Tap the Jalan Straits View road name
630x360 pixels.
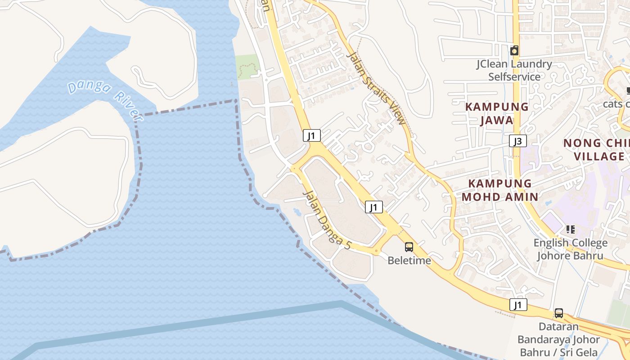coord(377,88)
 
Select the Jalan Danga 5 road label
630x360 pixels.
coord(327,220)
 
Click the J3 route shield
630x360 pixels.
coord(518,141)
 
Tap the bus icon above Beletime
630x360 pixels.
coord(409,247)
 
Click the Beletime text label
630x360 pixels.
coord(409,261)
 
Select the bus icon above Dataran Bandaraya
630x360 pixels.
coord(558,313)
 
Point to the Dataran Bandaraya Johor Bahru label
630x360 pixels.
coord(558,339)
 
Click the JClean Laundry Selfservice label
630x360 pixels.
coord(514,70)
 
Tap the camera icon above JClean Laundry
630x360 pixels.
coord(514,50)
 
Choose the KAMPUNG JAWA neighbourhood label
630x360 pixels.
coord(497,113)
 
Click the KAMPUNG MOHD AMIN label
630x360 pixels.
coord(500,190)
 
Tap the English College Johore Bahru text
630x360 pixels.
coord(570,249)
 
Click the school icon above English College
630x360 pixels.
coord(571,229)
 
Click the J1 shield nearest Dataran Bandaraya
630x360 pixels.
coord(518,305)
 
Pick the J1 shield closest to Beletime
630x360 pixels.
coord(373,207)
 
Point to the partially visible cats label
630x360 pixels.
coord(616,104)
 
